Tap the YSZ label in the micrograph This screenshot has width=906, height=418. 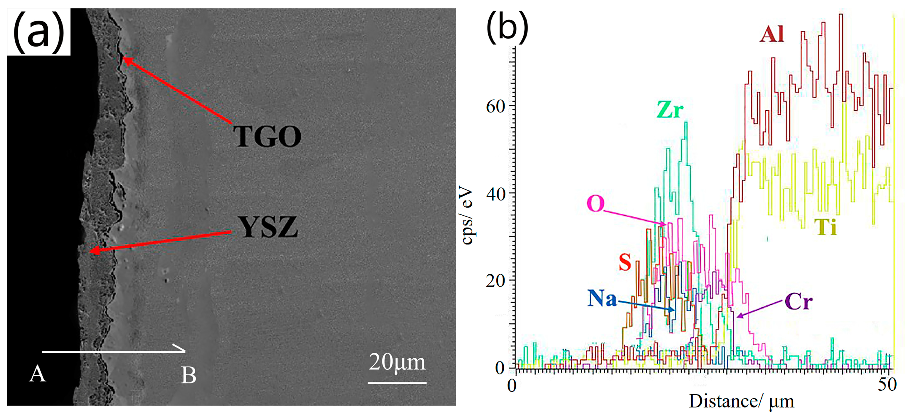(x=268, y=227)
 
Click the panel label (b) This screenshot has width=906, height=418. (x=507, y=27)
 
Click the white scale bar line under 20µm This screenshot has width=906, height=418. (x=397, y=382)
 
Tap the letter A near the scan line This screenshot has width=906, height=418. (x=37, y=373)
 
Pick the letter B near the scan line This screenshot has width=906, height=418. (x=189, y=375)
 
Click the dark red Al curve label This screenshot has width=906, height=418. (x=772, y=34)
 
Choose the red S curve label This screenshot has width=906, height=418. (x=625, y=262)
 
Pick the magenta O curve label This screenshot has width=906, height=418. (x=595, y=204)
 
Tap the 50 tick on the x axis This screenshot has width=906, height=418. (x=887, y=384)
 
